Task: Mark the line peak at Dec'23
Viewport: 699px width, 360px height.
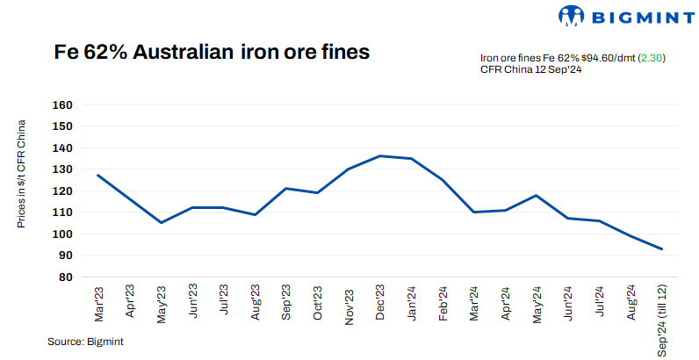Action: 380,156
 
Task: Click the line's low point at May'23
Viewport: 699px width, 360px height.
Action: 161,222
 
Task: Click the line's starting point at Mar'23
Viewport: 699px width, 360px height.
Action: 97,175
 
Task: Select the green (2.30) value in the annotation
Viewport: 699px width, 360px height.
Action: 651,58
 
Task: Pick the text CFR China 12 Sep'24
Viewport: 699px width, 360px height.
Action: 532,70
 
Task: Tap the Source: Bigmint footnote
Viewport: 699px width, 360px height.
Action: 85,342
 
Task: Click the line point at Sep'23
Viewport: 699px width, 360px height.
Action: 286,188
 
